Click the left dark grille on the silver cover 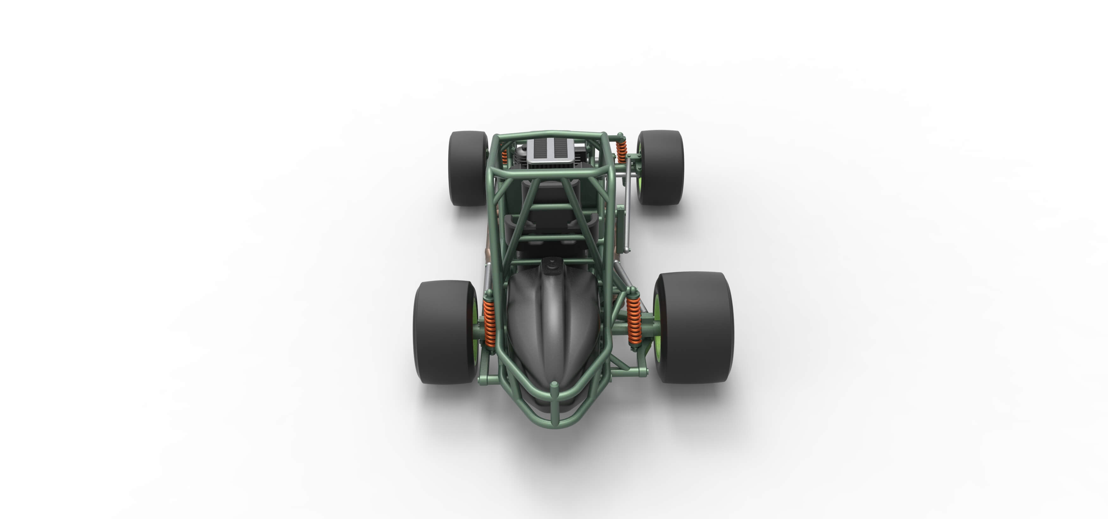pos(539,148)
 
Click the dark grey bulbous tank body pos(553,327)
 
